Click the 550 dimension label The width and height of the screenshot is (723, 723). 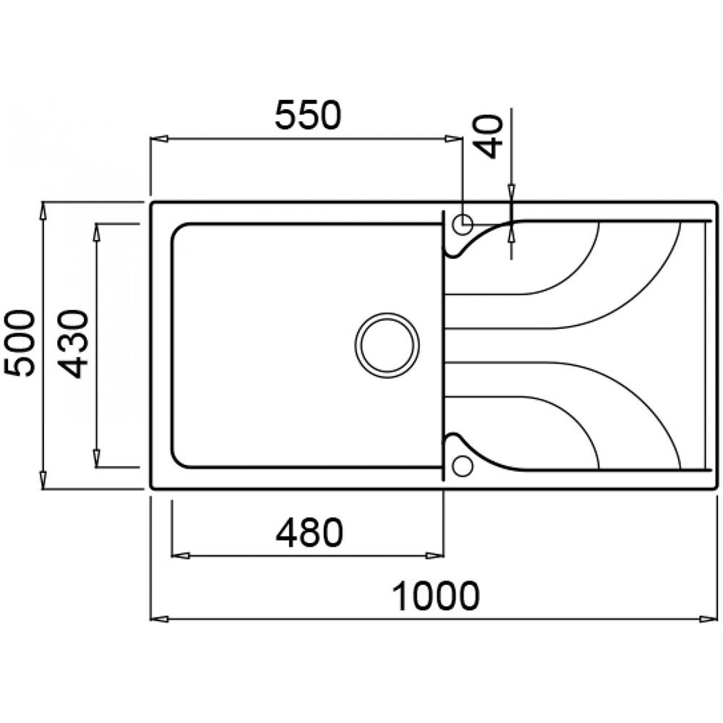307,116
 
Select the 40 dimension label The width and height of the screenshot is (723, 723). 491,135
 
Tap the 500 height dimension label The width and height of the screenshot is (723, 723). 18,343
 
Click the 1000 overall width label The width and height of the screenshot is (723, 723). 435,597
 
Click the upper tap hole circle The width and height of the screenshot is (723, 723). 461,224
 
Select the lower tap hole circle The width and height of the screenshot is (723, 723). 461,465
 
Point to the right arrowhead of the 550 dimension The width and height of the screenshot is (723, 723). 454,138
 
